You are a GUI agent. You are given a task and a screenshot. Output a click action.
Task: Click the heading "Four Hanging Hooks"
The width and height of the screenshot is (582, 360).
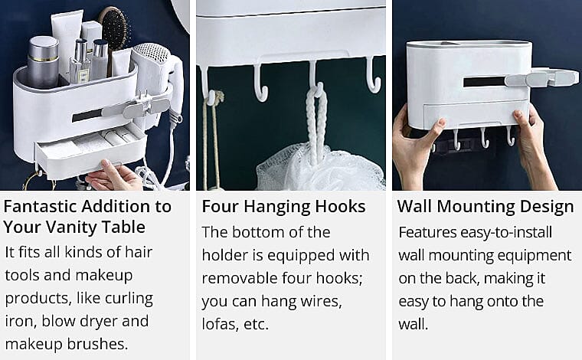pyautogui.click(x=283, y=207)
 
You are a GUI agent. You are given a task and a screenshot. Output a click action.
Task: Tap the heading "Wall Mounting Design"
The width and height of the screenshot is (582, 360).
pyautogui.click(x=486, y=207)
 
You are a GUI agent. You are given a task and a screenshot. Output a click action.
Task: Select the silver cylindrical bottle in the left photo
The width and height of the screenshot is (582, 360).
pyautogui.click(x=43, y=62)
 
